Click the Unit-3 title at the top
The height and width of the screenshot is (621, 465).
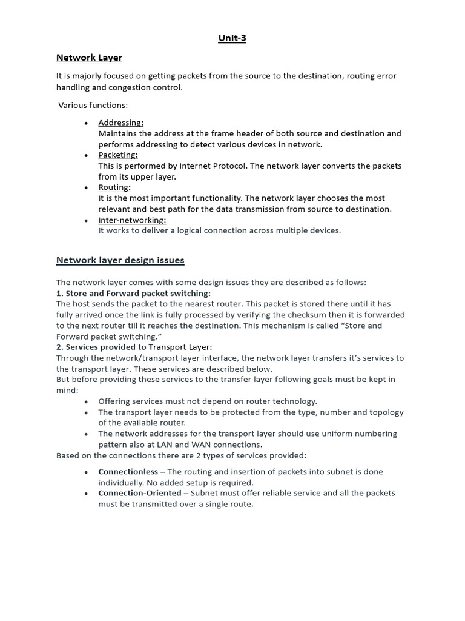(x=232, y=39)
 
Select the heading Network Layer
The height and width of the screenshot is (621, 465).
(x=89, y=58)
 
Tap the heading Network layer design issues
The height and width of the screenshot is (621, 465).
(x=120, y=260)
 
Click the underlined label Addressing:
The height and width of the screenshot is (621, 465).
(x=120, y=123)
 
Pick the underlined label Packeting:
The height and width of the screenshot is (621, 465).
(x=118, y=155)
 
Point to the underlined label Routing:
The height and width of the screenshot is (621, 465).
(x=114, y=187)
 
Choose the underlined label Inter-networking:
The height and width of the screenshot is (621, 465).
(x=132, y=220)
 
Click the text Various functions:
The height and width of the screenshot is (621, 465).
(x=93, y=105)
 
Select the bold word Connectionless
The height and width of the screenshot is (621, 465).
(x=127, y=472)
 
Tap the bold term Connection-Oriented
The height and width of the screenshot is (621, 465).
(x=140, y=493)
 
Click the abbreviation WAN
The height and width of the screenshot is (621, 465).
(x=213, y=445)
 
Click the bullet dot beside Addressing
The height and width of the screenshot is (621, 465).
(x=87, y=123)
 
